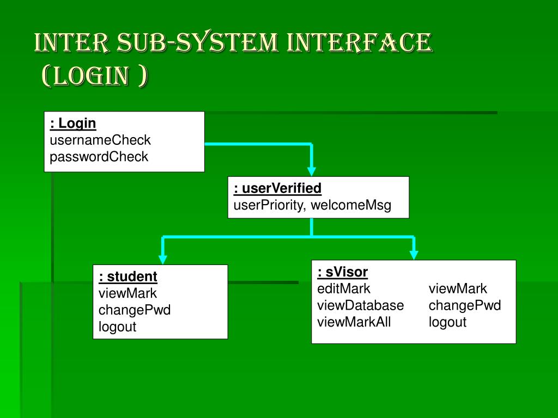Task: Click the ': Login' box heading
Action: [x=73, y=124]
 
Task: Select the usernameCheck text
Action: [x=100, y=140]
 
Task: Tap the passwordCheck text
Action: [x=99, y=157]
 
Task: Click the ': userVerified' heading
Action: [x=277, y=189]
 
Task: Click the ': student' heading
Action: [x=128, y=277]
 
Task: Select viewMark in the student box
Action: [x=128, y=294]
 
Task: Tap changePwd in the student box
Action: [x=135, y=310]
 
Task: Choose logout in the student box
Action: [x=117, y=327]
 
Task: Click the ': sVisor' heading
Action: [x=343, y=272]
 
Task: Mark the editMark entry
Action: [x=344, y=288]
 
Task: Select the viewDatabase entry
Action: [x=361, y=305]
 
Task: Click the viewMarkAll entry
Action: [x=354, y=322]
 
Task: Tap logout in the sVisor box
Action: [x=447, y=322]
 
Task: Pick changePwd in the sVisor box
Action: [x=465, y=305]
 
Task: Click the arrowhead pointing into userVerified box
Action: [x=311, y=170]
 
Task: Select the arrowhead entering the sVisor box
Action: [x=414, y=254]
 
